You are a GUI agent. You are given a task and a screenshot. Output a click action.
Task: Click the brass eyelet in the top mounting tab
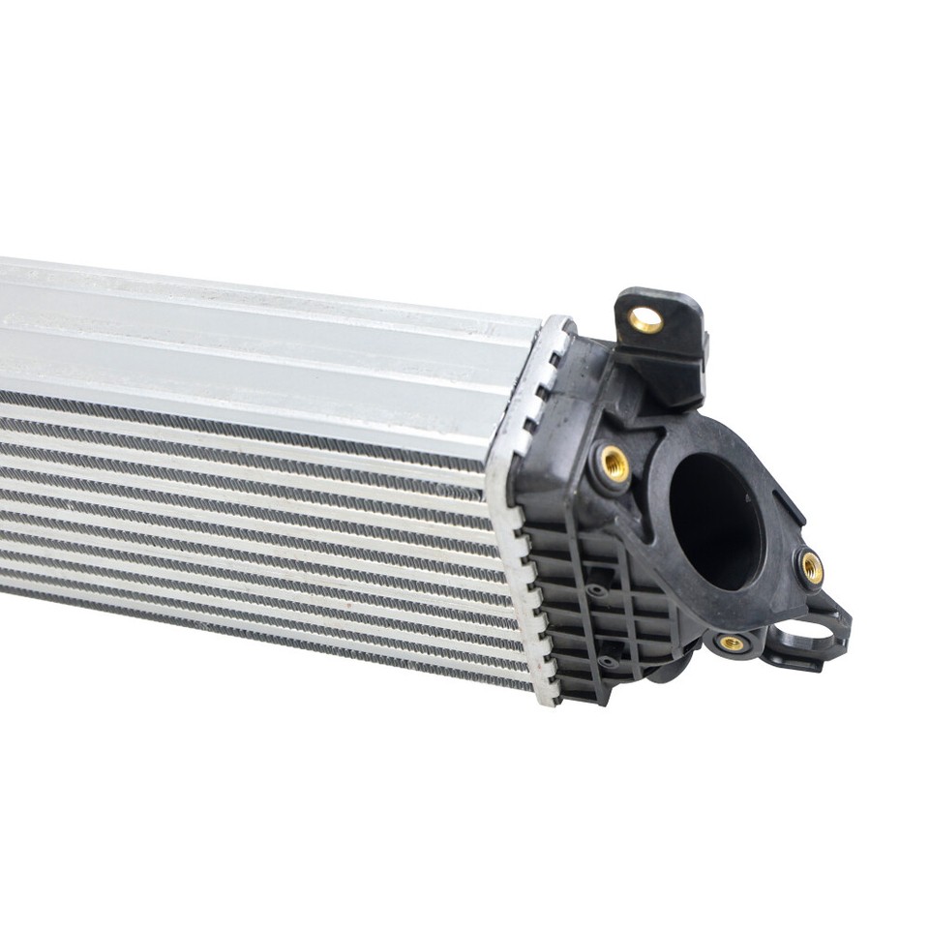pyautogui.click(x=645, y=319)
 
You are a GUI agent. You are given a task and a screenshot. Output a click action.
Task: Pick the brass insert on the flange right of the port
pyautogui.click(x=811, y=567)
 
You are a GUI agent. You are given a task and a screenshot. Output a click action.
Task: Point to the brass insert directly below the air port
pyautogui.click(x=733, y=643)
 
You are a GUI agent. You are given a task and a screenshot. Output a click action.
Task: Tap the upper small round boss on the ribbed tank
pyautogui.click(x=596, y=589)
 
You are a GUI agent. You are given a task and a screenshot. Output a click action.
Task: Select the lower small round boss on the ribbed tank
pyautogui.click(x=607, y=662)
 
